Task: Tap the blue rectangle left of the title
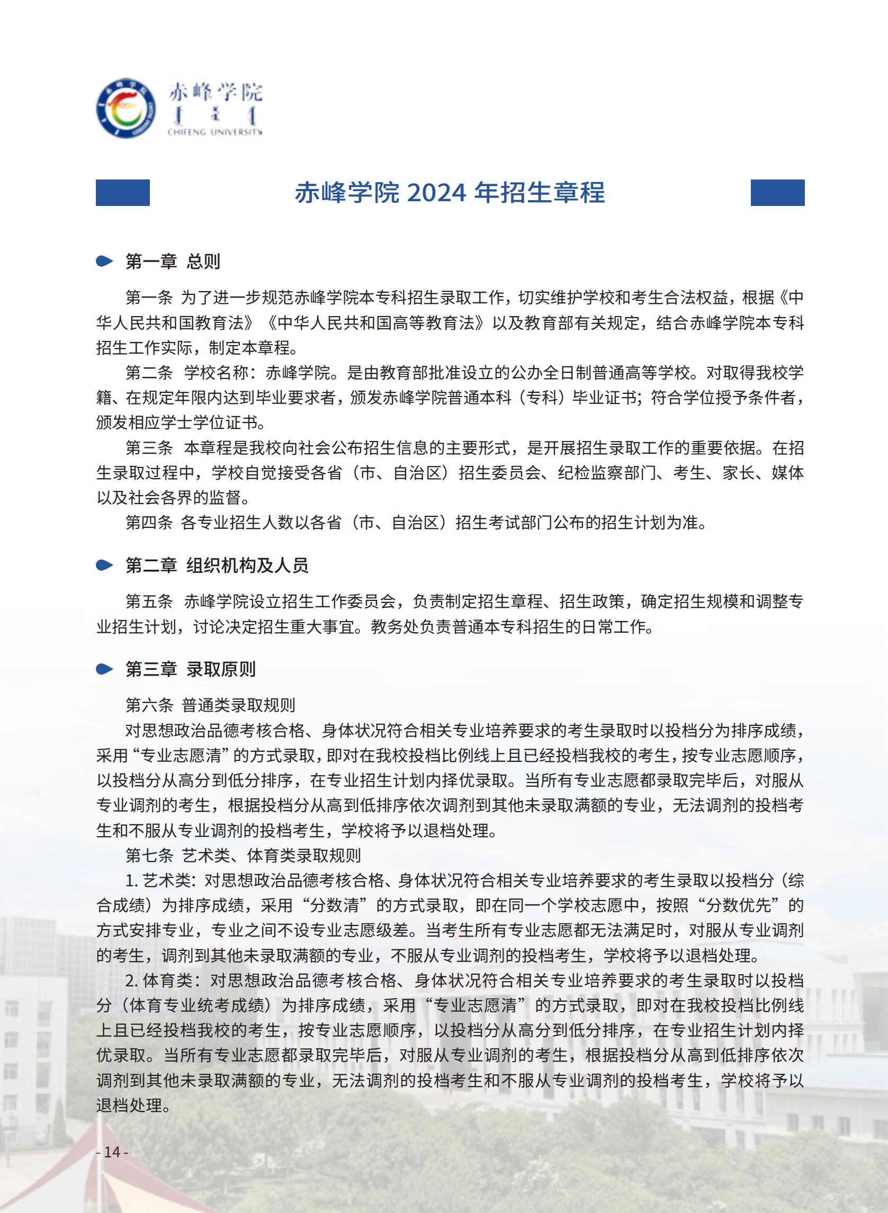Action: click(x=122, y=192)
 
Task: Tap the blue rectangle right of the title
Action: click(x=777, y=192)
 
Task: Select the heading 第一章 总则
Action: click(x=173, y=262)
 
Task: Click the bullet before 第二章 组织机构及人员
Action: click(x=104, y=565)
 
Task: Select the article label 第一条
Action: click(x=149, y=297)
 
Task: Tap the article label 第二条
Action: click(x=149, y=372)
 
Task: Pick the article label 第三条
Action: click(x=149, y=448)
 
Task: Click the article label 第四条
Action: click(x=149, y=523)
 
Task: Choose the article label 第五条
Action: click(x=149, y=601)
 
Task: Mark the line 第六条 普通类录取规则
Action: click(x=210, y=705)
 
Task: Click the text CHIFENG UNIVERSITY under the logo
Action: click(x=214, y=132)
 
